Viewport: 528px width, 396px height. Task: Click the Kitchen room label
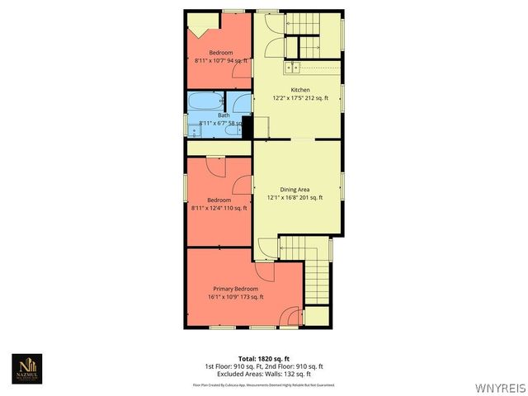[x=299, y=89]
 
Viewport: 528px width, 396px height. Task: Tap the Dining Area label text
[x=295, y=189]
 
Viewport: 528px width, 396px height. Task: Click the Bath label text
[x=224, y=115]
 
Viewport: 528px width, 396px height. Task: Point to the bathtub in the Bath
[x=204, y=103]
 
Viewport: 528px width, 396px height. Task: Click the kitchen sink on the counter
[x=292, y=67]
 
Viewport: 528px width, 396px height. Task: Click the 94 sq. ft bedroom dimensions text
[x=221, y=61]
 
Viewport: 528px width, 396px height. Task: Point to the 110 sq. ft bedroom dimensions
[x=219, y=208]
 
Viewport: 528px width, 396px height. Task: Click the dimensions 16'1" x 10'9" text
[x=235, y=297]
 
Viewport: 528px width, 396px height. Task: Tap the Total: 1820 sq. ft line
[x=263, y=359]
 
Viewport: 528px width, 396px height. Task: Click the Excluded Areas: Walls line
[x=263, y=373]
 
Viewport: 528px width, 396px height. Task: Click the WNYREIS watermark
[x=499, y=386]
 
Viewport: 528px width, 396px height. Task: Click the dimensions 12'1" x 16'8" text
[x=295, y=197]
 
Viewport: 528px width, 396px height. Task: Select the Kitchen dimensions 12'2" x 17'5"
[x=300, y=97]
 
